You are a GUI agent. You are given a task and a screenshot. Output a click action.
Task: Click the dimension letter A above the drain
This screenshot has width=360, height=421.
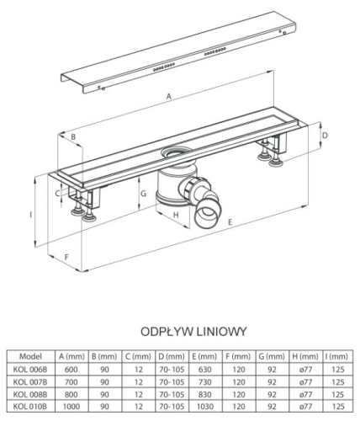tap(168, 97)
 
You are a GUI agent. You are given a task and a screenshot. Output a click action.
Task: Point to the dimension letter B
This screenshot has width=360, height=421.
tap(73, 136)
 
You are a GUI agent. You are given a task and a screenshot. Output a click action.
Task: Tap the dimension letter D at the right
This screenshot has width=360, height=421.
tap(325, 136)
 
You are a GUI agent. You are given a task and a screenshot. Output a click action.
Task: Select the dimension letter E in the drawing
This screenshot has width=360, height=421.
tap(230, 222)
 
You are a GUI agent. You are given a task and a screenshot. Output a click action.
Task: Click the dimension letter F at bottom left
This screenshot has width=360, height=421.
tap(66, 257)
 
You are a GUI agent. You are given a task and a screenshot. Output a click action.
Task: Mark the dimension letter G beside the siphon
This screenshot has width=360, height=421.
tap(143, 194)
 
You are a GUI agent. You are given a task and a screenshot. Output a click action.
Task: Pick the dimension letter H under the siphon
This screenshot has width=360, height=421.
tap(176, 215)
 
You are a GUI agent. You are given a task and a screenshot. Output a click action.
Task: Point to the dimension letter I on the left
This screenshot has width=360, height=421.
tap(31, 215)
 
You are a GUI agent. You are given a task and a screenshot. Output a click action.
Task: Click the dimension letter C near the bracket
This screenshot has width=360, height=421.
tap(57, 194)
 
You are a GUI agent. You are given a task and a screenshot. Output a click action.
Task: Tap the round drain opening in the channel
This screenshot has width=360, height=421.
tap(175, 152)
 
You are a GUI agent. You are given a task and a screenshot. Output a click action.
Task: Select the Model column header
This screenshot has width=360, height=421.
tap(30, 356)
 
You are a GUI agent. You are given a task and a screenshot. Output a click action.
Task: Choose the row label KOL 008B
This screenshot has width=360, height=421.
tap(30, 394)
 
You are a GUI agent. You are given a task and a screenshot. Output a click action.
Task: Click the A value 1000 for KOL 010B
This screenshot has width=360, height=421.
tap(71, 407)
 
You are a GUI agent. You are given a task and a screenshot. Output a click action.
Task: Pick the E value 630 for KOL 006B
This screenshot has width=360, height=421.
tap(205, 370)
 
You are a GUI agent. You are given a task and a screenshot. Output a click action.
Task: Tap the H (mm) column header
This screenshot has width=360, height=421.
tap(305, 356)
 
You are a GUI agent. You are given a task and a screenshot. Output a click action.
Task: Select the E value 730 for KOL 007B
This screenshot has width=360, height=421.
tap(205, 382)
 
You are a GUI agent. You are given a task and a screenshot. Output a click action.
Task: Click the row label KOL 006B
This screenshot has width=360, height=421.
tap(30, 370)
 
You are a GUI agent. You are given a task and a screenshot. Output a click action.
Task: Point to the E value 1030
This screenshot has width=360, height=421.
tap(205, 407)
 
